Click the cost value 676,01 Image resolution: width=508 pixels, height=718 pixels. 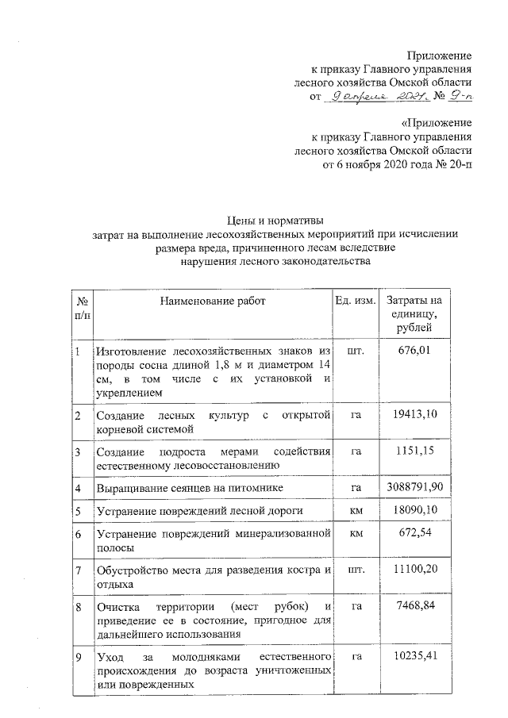point(414,351)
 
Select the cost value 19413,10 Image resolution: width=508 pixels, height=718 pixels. point(414,415)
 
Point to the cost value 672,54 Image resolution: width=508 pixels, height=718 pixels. point(414,534)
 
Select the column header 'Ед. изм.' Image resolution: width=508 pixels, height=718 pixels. point(355,301)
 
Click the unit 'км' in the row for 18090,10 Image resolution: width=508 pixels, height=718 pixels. point(356,510)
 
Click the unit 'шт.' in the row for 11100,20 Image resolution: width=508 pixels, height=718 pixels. point(356,570)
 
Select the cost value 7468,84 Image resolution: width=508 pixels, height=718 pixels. point(414,607)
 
